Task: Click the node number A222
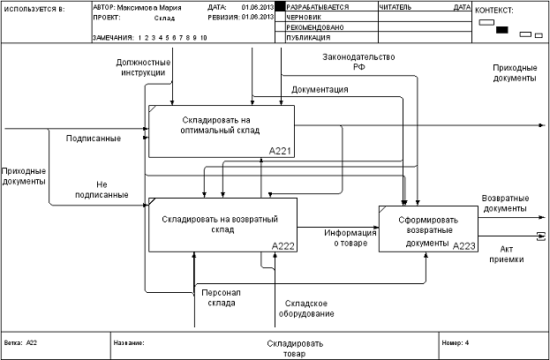click(x=283, y=245)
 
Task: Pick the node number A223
click(x=464, y=246)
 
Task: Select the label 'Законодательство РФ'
click(x=358, y=62)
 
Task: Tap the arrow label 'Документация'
click(x=319, y=89)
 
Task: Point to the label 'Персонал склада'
click(x=218, y=297)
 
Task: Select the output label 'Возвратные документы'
click(x=505, y=204)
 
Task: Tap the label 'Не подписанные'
click(x=113, y=189)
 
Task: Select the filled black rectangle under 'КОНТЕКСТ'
click(x=502, y=30)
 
